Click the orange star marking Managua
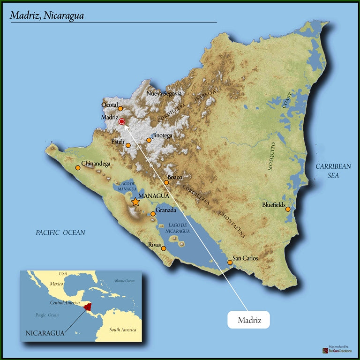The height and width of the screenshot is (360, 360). click(x=135, y=202)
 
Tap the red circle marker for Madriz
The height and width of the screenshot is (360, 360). click(x=121, y=121)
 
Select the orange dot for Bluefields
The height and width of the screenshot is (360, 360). click(x=288, y=209)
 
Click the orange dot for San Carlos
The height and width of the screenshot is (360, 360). click(x=230, y=262)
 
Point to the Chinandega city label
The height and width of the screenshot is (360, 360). click(x=96, y=164)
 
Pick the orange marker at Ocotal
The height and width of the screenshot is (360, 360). click(x=120, y=109)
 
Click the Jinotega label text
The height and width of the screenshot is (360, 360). click(x=162, y=135)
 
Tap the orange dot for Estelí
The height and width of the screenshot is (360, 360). click(x=128, y=145)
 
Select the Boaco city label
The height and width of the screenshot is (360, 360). click(x=174, y=177)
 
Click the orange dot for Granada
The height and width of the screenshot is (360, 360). click(x=153, y=214)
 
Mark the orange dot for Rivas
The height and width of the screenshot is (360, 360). click(x=164, y=248)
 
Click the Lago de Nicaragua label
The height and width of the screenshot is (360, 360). click(x=178, y=228)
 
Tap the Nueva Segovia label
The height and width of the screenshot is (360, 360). click(x=164, y=93)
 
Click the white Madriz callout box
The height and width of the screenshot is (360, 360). click(x=249, y=320)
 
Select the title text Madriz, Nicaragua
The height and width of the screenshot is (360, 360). click(x=47, y=15)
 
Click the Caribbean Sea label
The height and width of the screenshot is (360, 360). click(x=333, y=171)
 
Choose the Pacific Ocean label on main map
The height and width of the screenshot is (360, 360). click(x=61, y=232)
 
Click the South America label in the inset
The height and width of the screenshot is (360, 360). click(x=123, y=330)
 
